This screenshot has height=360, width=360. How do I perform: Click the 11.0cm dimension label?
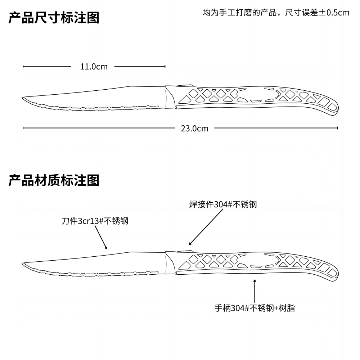(x=94, y=67)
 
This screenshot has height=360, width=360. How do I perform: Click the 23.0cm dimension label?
(x=194, y=128)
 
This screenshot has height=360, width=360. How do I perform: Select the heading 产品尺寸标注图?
(x=54, y=18)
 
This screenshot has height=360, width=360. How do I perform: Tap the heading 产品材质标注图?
(x=54, y=180)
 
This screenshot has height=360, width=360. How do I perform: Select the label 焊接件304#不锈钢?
(x=223, y=204)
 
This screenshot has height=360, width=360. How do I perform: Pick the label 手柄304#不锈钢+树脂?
(x=255, y=308)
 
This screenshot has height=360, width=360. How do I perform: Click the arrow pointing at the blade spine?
(x=102, y=238)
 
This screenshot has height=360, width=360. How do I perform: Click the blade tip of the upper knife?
(x=23, y=98)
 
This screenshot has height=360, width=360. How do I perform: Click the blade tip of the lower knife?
(x=23, y=264)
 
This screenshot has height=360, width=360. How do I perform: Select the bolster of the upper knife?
(x=170, y=97)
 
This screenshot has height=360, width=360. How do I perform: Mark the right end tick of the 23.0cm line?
(x=337, y=128)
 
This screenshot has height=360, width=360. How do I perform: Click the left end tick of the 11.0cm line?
(x=23, y=67)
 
